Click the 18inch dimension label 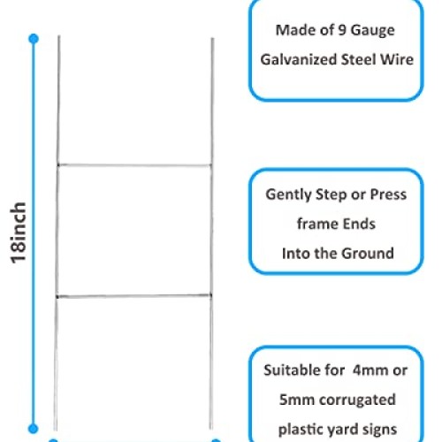pyautogui.click(x=19, y=232)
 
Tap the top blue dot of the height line pyautogui.click(x=34, y=39)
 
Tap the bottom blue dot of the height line pyautogui.click(x=34, y=429)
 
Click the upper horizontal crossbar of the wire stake pyautogui.click(x=134, y=165)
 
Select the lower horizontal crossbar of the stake pyautogui.click(x=133, y=295)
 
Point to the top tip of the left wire pyautogui.click(x=58, y=36)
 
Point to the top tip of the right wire pyautogui.click(x=212, y=38)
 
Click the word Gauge pyautogui.click(x=372, y=31)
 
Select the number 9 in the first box pyautogui.click(x=342, y=30)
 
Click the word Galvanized pyautogui.click(x=299, y=59)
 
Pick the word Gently pyautogui.click(x=288, y=195)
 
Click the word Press pyautogui.click(x=388, y=194)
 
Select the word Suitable pyautogui.click(x=292, y=370)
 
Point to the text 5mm pyautogui.click(x=297, y=400)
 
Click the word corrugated pyautogui.click(x=357, y=400)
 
